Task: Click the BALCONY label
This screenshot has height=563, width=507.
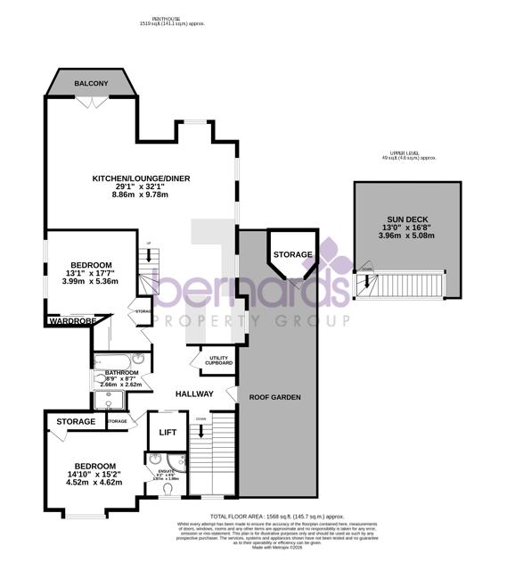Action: (91, 83)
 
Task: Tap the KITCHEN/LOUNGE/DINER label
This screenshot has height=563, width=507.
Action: (153, 178)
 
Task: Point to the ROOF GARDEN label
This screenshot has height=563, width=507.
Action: (274, 397)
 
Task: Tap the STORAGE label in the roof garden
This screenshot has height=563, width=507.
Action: (292, 255)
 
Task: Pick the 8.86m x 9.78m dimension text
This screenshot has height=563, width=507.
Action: (153, 195)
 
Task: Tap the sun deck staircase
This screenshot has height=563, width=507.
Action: (405, 286)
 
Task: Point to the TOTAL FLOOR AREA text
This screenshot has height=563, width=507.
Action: (276, 517)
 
